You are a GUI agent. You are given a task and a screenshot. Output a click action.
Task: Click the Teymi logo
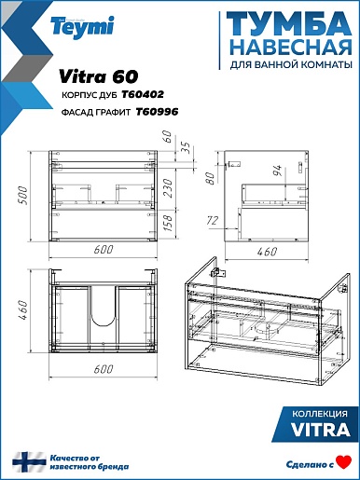(x=82, y=27)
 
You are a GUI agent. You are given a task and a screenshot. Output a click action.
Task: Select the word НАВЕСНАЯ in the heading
(x=293, y=48)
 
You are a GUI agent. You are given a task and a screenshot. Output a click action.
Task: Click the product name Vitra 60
(x=98, y=76)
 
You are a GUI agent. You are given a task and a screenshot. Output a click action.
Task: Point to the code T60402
(x=143, y=94)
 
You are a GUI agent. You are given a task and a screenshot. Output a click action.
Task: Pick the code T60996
(x=157, y=112)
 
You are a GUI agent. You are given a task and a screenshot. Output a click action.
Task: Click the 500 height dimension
(x=22, y=195)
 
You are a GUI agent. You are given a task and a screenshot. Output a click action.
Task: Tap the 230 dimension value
(x=167, y=188)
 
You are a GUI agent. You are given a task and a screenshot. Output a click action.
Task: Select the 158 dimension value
(x=167, y=223)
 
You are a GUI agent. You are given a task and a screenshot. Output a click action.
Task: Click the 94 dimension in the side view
(x=277, y=171)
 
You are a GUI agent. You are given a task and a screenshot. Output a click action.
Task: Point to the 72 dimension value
(x=213, y=221)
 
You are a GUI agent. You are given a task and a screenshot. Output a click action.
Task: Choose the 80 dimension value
(x=211, y=178)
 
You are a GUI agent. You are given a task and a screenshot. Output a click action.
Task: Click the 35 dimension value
(x=185, y=148)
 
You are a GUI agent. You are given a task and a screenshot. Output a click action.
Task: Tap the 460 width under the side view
(x=267, y=252)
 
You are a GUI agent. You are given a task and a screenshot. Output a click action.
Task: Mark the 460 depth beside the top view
(x=22, y=310)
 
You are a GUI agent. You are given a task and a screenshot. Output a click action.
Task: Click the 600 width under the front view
(x=104, y=250)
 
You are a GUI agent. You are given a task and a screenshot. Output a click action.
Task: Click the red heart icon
(x=344, y=462)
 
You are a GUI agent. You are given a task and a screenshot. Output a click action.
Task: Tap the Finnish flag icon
(x=29, y=462)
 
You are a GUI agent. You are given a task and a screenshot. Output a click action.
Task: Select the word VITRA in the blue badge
(x=321, y=430)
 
